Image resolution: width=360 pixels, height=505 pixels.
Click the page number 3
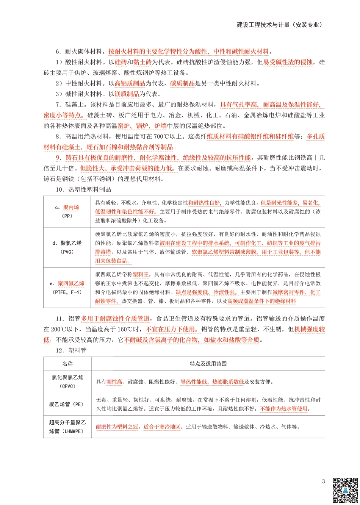point(323,482)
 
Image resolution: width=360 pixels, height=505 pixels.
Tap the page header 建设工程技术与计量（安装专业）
point(280,25)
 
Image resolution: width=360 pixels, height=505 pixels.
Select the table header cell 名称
point(67,364)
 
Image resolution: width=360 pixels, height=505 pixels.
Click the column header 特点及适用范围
point(208,364)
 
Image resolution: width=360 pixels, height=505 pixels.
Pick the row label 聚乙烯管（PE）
point(67,405)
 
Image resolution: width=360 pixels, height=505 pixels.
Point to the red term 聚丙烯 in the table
point(71,207)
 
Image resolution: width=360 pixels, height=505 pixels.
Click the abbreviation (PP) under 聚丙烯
point(67,216)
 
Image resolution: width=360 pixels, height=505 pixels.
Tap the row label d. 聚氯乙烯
point(67,243)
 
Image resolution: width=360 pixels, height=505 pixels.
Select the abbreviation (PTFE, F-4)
point(67,292)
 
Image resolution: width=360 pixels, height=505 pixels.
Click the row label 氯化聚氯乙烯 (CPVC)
point(67,381)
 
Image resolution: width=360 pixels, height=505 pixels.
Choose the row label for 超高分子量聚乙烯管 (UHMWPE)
point(67,427)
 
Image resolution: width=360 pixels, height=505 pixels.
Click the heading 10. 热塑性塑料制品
point(83,189)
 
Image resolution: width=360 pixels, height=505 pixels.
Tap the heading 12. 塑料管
point(71,350)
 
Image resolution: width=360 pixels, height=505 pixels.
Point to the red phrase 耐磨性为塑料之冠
point(117,427)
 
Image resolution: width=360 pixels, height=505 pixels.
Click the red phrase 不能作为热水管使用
point(284,409)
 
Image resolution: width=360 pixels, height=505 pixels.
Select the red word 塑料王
point(141,274)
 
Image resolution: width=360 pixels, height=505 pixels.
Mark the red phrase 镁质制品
point(127,94)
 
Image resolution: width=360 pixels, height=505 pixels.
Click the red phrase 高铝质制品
point(130,83)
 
